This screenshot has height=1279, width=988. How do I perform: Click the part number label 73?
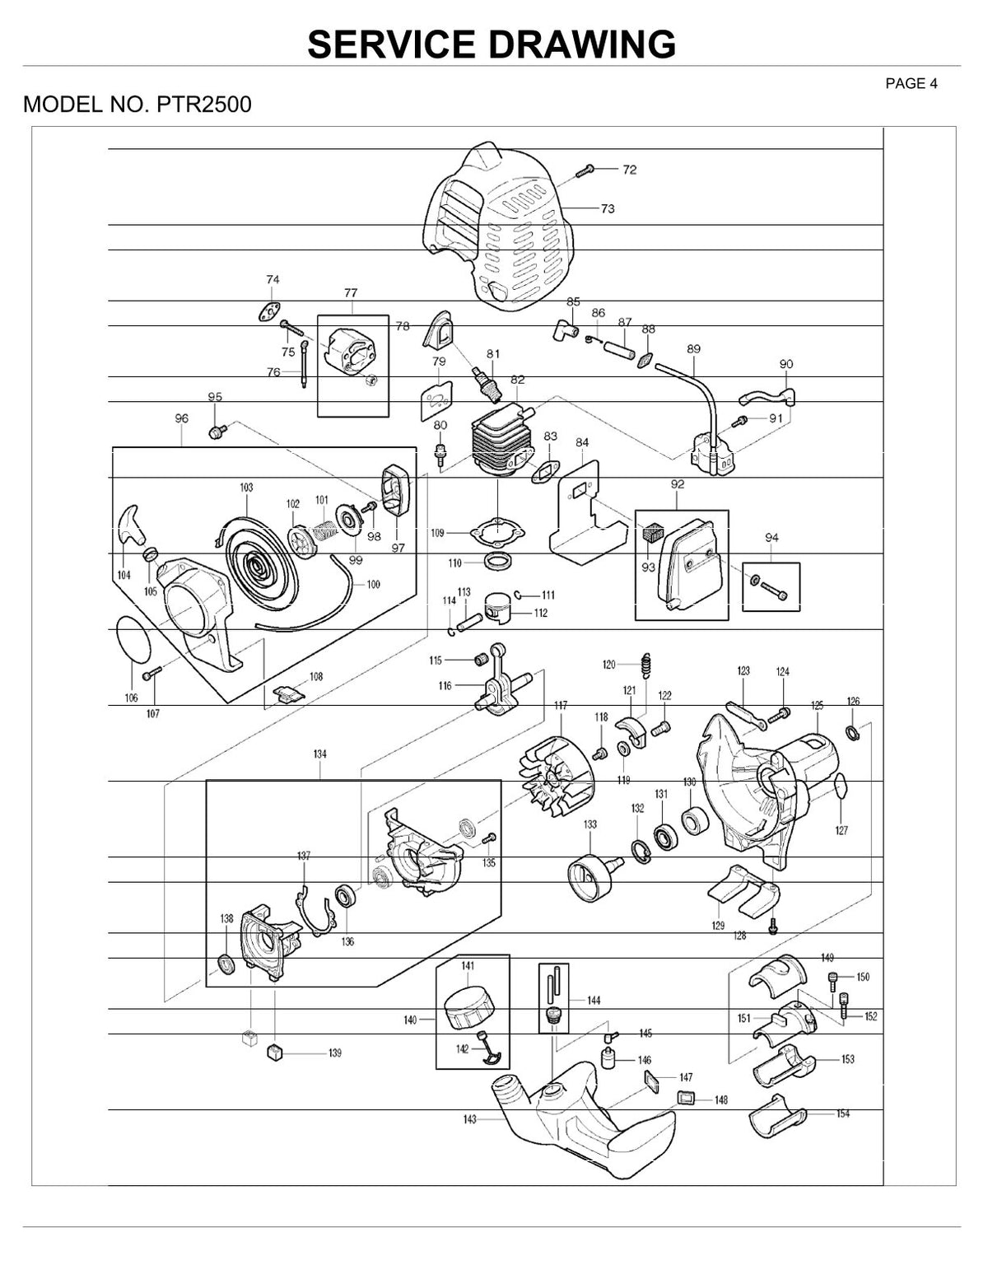(x=608, y=208)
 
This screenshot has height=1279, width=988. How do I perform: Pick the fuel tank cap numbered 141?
(x=468, y=1009)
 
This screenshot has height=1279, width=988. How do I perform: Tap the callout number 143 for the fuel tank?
(x=469, y=1119)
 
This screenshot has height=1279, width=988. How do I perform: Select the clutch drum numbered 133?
(x=594, y=878)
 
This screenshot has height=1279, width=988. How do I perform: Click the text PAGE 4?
(x=911, y=84)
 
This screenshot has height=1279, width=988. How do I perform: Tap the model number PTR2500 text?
(x=203, y=104)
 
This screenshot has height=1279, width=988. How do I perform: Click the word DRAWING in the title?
(x=583, y=44)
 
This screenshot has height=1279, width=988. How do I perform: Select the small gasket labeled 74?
(x=270, y=312)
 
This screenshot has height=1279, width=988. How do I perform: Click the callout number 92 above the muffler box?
(x=678, y=484)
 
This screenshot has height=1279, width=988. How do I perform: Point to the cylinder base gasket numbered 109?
(x=497, y=532)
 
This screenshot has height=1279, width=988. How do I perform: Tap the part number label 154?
(x=842, y=1113)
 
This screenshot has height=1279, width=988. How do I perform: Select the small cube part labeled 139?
(x=275, y=1052)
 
